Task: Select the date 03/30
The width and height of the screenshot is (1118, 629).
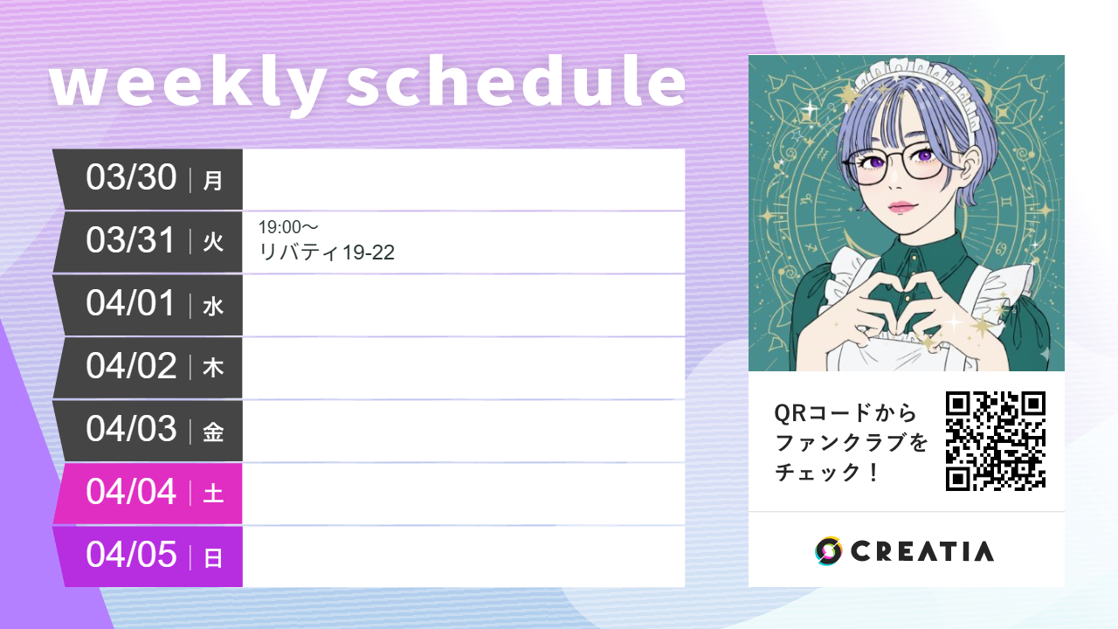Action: [131, 177]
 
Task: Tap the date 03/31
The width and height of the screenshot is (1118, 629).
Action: [131, 240]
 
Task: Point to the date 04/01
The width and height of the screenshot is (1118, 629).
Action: [131, 303]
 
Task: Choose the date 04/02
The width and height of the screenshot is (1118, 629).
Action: [131, 366]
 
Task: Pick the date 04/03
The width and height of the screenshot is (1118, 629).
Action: [131, 429]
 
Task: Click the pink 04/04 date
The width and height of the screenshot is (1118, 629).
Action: [131, 492]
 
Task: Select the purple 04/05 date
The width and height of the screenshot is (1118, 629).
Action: [131, 555]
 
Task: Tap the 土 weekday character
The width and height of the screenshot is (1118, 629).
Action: [213, 494]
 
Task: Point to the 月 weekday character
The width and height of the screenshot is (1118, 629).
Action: [213, 181]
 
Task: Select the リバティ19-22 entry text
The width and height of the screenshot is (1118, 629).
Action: [327, 253]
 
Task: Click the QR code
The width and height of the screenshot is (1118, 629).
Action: [995, 440]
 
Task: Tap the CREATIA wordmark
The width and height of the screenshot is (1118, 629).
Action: [921, 551]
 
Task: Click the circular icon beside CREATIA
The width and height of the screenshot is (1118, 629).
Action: [828, 551]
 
